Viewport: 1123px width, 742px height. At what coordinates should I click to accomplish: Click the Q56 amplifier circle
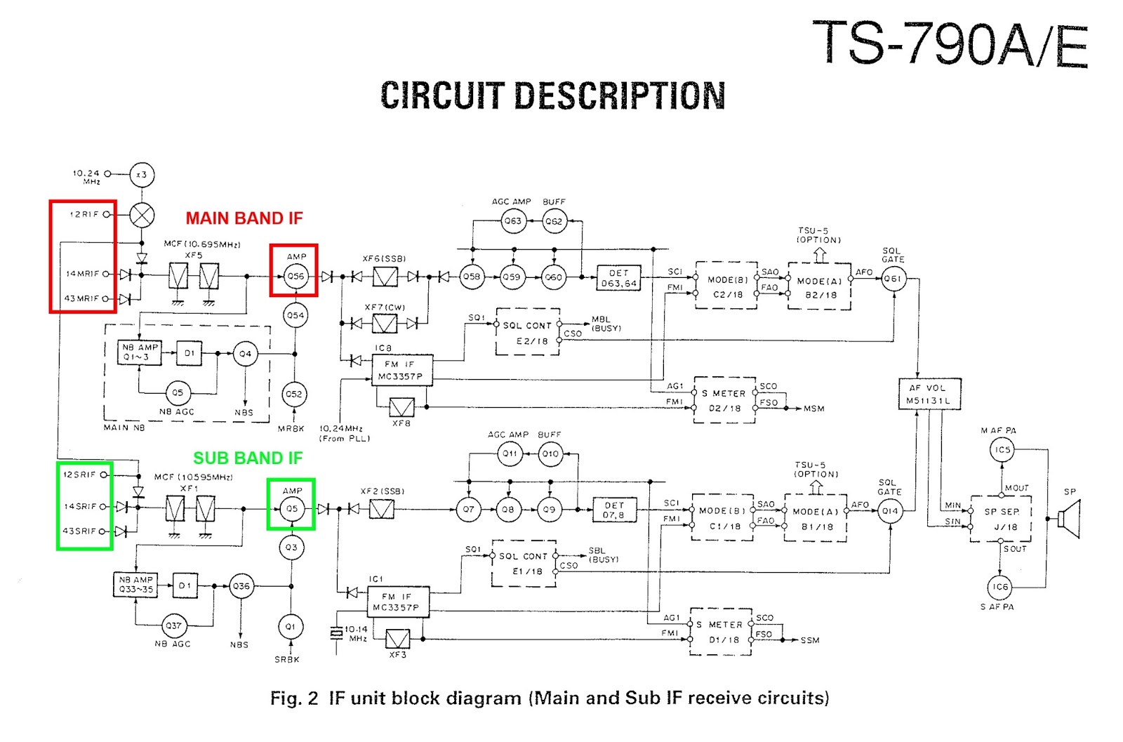click(x=295, y=276)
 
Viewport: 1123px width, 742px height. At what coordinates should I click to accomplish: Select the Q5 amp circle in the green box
click(x=291, y=508)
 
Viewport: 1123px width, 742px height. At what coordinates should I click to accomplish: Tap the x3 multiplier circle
click(x=142, y=175)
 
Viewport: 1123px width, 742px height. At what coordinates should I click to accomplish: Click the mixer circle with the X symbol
click(x=142, y=215)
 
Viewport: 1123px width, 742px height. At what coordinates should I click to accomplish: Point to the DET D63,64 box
click(x=618, y=278)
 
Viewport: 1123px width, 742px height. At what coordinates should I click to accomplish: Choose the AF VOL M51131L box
click(x=929, y=394)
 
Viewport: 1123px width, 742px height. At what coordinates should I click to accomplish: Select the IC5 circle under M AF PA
click(x=1002, y=450)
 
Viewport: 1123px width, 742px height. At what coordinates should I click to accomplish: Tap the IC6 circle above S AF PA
click(x=1000, y=587)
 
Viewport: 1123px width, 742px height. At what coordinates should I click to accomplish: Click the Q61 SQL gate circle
click(x=893, y=279)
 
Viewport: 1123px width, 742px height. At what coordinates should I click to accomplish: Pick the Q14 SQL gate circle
click(x=889, y=510)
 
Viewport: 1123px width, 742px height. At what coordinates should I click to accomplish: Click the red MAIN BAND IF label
click(x=244, y=218)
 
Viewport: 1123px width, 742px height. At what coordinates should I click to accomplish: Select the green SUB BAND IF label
click(x=248, y=458)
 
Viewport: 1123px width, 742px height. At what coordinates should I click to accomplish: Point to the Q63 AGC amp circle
click(x=513, y=221)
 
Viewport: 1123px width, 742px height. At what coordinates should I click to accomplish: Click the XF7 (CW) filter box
click(x=385, y=324)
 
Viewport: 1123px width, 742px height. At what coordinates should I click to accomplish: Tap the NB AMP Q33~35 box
click(x=135, y=585)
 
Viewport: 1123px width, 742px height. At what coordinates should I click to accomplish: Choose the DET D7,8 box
click(x=613, y=510)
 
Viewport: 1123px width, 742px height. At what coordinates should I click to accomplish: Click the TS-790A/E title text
click(x=950, y=44)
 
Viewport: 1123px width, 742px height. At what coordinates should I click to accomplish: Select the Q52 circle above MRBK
click(x=294, y=394)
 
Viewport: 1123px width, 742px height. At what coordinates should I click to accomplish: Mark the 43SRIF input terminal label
click(x=79, y=531)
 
